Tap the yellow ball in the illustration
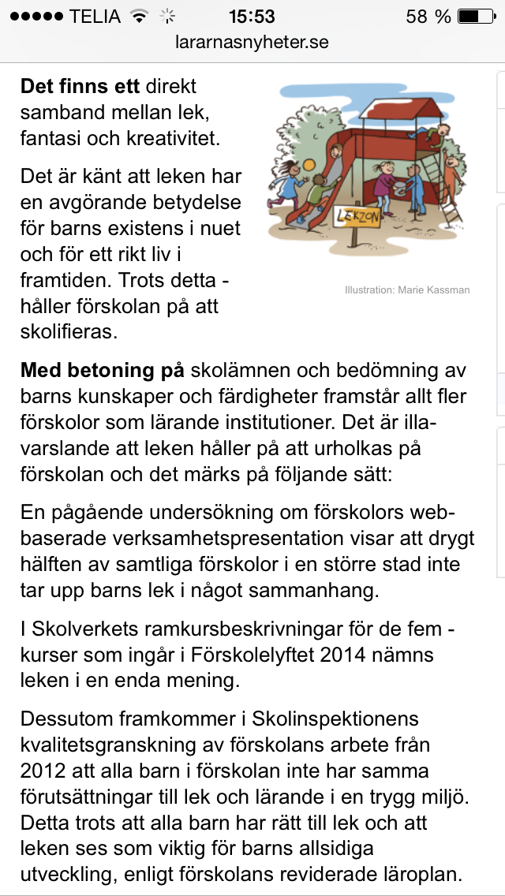[x=309, y=163]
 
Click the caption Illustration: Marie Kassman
[x=407, y=289]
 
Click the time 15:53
[x=252, y=16]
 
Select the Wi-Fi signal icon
[x=140, y=16]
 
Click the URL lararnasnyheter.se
[x=252, y=42]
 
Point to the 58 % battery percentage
[x=428, y=16]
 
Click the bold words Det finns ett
[x=80, y=85]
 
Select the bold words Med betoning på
[x=102, y=370]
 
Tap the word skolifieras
[x=69, y=331]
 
